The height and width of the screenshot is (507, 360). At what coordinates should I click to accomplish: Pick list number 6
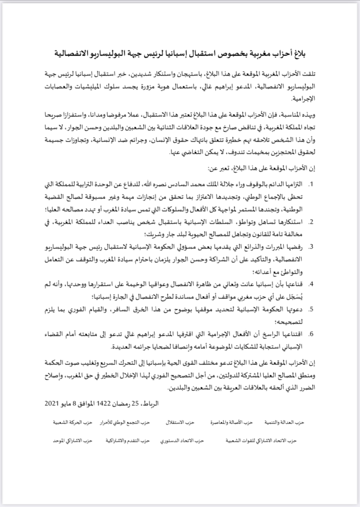point(311,334)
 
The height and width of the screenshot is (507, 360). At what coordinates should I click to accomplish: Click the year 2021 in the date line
point(53,403)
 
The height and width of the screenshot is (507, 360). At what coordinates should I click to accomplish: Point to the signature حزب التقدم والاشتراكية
point(127,440)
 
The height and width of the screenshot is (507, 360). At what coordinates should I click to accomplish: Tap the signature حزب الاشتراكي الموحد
point(70,440)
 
